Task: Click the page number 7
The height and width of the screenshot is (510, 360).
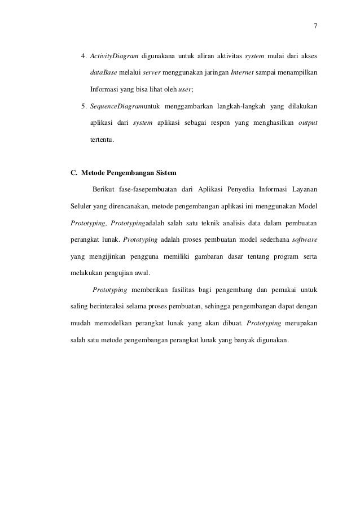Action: [x=315, y=25]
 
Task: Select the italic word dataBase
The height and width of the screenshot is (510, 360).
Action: [x=102, y=73]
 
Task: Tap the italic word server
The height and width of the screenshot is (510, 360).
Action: [x=151, y=73]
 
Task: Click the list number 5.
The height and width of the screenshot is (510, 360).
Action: [x=84, y=106]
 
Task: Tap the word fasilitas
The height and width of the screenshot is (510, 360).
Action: [x=169, y=291]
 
